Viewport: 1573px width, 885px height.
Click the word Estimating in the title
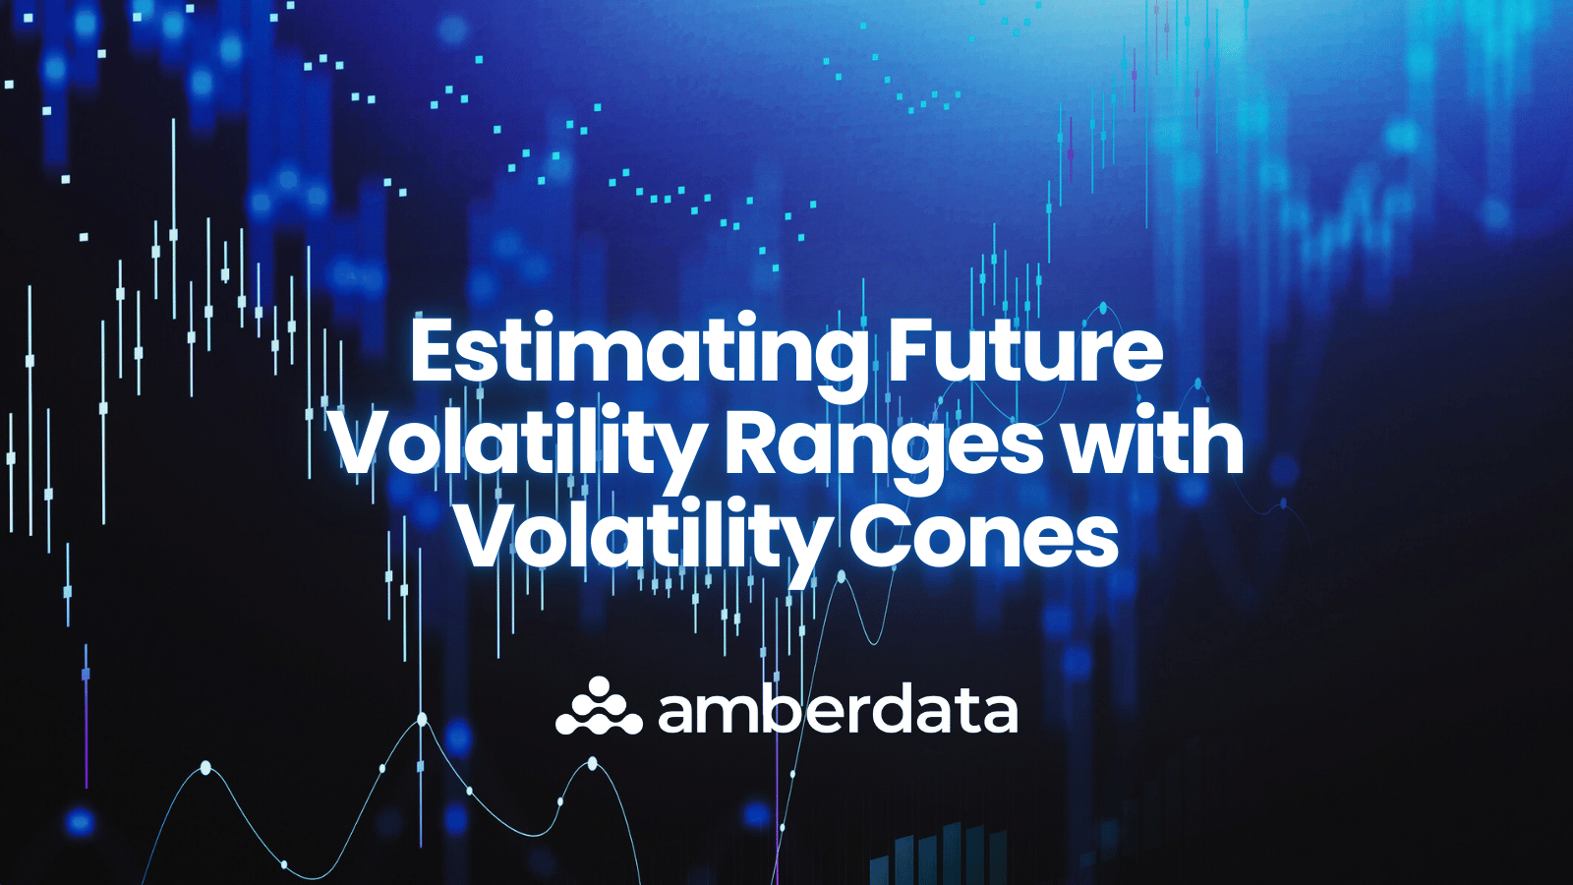point(637,352)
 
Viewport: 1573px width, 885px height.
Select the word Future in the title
point(1024,352)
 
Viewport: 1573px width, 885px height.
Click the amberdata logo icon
point(598,708)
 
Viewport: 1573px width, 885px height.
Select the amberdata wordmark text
point(837,710)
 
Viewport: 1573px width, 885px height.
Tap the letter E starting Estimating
point(433,352)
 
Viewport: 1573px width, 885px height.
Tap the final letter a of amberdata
point(998,714)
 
